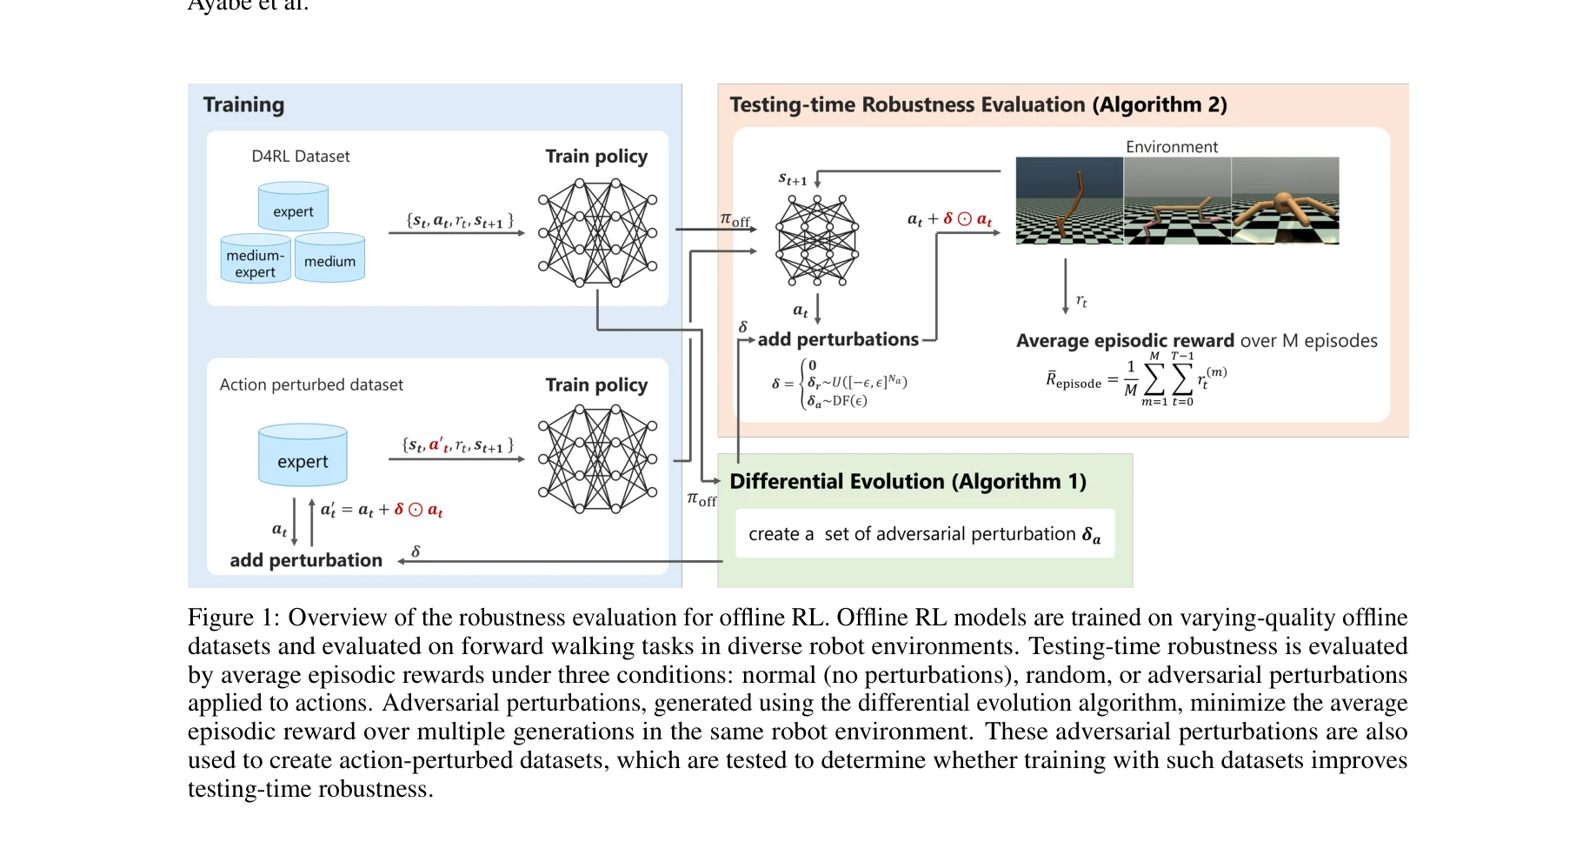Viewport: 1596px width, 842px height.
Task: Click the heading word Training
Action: pos(243,105)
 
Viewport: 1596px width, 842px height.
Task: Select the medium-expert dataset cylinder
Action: pos(255,259)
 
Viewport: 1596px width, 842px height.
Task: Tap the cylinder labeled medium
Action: pos(329,258)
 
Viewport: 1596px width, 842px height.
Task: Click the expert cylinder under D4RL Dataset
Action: pos(293,207)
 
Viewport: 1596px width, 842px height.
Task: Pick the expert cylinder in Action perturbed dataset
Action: pos(303,456)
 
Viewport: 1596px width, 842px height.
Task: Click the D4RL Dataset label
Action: pos(301,157)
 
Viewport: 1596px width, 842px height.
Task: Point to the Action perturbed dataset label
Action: pos(311,384)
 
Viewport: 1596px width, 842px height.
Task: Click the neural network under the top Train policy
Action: pos(597,232)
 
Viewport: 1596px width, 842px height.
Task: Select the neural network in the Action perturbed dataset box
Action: pos(597,458)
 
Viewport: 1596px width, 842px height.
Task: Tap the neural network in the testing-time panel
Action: pos(817,239)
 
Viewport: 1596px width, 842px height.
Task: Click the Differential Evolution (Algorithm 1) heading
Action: pos(908,482)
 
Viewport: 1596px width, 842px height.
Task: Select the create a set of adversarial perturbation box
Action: pos(924,534)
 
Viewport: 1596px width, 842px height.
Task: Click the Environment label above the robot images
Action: pos(1171,147)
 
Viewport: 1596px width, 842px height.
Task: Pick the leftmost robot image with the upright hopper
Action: pos(1069,201)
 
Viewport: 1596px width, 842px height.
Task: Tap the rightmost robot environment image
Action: pos(1285,201)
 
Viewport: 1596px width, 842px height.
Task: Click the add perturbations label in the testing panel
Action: pos(837,340)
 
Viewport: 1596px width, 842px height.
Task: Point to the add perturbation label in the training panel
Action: pos(306,560)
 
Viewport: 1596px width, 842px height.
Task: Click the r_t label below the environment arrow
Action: pos(1081,301)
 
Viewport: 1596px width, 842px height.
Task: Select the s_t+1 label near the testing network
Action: pos(792,180)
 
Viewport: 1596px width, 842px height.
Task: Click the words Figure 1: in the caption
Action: pos(234,618)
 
